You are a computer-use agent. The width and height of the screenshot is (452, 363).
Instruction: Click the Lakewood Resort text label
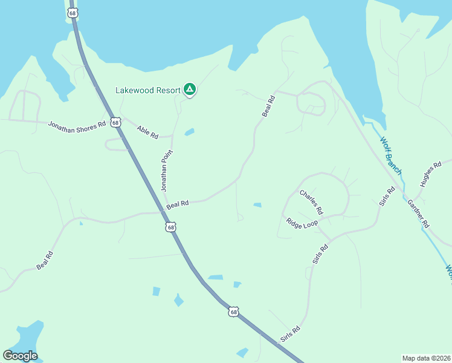click(148, 91)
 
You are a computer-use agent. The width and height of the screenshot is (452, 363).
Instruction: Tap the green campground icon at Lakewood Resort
click(190, 90)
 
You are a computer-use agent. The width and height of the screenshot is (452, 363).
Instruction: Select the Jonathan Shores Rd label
click(77, 123)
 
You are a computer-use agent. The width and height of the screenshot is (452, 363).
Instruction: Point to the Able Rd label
click(147, 131)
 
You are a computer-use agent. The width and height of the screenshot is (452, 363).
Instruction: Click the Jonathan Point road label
click(167, 171)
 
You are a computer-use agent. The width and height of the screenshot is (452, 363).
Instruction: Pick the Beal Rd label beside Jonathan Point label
click(178, 205)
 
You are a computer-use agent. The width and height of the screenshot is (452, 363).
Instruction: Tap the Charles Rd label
click(312, 203)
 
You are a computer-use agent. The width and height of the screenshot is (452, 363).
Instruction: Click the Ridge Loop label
click(302, 223)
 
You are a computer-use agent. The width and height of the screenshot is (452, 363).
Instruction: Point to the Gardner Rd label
click(418, 213)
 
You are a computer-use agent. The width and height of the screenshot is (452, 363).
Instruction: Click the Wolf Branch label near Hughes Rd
click(390, 155)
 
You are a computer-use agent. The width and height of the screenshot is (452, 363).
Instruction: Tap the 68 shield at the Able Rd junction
click(115, 122)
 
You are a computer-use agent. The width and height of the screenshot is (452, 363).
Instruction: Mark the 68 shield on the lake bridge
click(73, 13)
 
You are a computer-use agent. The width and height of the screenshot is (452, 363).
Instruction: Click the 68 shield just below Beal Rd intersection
click(171, 227)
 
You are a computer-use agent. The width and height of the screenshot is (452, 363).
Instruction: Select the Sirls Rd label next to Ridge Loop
click(320, 253)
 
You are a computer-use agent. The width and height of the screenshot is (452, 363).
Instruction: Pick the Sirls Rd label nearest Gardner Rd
click(387, 197)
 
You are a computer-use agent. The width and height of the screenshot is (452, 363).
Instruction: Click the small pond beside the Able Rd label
click(190, 132)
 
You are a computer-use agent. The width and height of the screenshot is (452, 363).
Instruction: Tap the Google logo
click(20, 356)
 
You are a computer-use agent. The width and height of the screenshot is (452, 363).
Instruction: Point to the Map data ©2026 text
click(426, 358)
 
